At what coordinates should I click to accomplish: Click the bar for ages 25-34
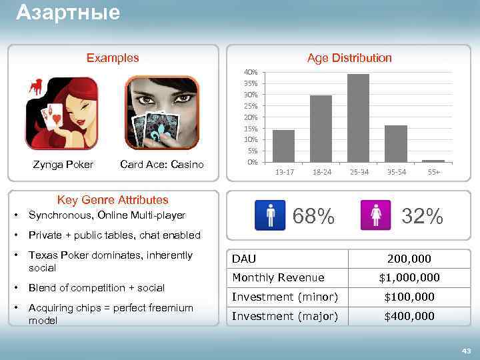(x=358, y=118)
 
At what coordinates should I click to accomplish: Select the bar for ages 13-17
(x=283, y=146)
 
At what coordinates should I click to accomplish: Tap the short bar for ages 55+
(x=433, y=161)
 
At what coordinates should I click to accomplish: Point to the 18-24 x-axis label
(x=321, y=173)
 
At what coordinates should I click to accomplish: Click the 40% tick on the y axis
(x=251, y=72)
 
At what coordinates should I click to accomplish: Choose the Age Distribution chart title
(x=349, y=58)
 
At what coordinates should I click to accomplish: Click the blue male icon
(x=271, y=216)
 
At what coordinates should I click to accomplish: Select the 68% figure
(x=314, y=215)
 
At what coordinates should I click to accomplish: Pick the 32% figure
(x=422, y=215)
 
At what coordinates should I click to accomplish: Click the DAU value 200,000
(x=409, y=259)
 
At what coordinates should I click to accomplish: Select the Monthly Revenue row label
(x=278, y=277)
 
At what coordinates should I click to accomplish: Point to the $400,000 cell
(x=409, y=316)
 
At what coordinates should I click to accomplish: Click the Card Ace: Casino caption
(x=162, y=164)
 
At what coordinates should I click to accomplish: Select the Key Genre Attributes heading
(x=113, y=199)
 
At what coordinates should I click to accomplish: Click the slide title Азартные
(x=68, y=12)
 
